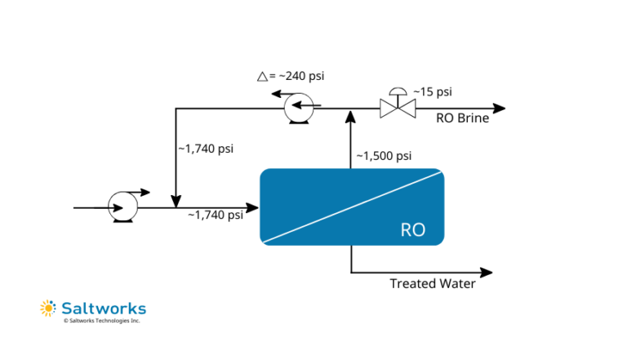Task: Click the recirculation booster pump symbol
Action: [x=296, y=108]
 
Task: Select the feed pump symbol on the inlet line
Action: [x=123, y=207]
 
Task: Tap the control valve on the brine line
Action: [x=398, y=107]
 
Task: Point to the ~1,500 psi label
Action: [x=384, y=156]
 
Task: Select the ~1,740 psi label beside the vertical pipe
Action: [x=206, y=149]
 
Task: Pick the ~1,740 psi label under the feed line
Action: [x=216, y=216]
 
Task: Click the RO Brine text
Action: [x=462, y=118]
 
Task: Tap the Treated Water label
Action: [x=432, y=284]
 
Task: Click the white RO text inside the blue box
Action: [x=412, y=229]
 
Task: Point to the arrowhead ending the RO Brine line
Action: [x=500, y=108]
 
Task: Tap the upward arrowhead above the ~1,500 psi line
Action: [x=351, y=116]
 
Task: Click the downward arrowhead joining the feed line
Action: [x=176, y=201]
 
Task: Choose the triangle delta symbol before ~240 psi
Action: [x=262, y=76]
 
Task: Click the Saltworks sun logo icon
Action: [x=47, y=308]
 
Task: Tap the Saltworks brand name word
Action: [x=104, y=308]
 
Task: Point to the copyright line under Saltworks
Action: [x=102, y=321]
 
